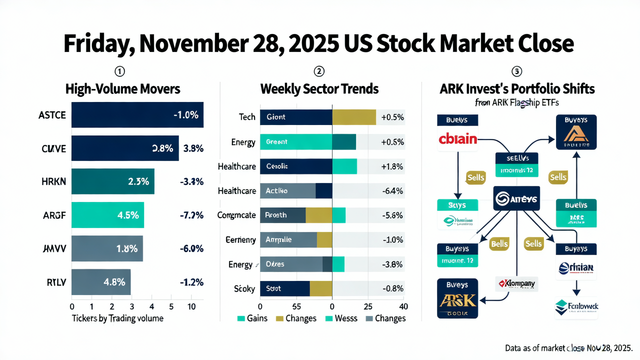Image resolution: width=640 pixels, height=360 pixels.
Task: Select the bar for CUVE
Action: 125,148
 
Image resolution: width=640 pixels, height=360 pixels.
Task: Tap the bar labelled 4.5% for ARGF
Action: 107,215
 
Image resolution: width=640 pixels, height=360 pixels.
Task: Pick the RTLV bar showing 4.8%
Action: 101,282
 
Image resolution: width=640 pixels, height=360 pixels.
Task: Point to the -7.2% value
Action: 191,215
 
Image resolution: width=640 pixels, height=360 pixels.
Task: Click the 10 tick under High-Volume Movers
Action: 191,306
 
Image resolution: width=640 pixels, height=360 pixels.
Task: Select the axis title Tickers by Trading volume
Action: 117,318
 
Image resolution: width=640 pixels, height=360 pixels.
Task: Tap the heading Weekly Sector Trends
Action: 319,89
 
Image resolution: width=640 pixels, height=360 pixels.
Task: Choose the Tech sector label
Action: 247,117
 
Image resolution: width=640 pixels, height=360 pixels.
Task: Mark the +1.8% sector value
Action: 392,166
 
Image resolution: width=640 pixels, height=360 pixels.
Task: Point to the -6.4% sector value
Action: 392,190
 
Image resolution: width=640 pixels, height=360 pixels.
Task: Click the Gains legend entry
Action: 252,318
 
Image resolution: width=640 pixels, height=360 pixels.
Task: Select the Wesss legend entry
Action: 342,318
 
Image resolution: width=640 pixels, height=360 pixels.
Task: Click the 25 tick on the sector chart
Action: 368,306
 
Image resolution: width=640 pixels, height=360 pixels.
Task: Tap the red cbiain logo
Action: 457,138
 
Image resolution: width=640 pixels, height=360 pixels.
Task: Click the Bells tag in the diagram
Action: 499,244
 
